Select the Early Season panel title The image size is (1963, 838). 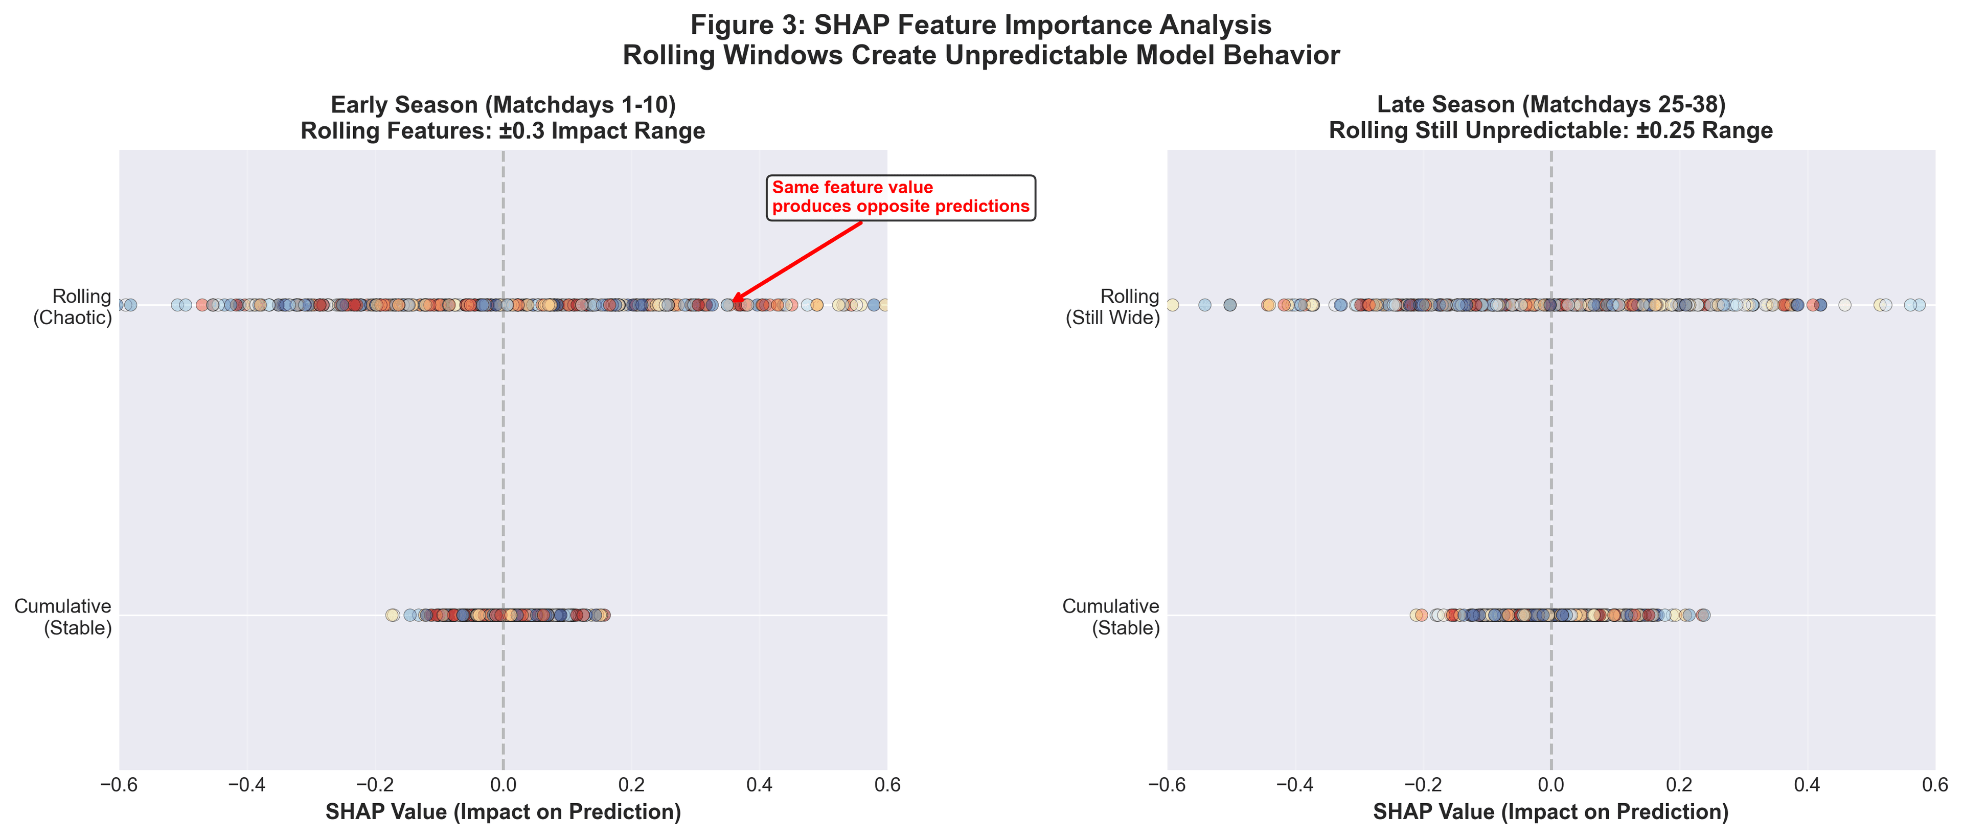(503, 118)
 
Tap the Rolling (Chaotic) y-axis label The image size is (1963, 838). (73, 307)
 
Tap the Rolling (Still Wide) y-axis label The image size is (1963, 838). (1112, 307)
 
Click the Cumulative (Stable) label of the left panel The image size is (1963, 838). (63, 616)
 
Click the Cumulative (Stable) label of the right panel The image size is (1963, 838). (1111, 616)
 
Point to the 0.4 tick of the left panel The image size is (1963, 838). (759, 785)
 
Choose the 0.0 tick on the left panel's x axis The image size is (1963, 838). (503, 785)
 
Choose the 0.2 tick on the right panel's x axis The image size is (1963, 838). (1679, 785)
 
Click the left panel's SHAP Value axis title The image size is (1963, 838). (503, 812)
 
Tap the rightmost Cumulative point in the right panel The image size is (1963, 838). (1704, 615)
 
